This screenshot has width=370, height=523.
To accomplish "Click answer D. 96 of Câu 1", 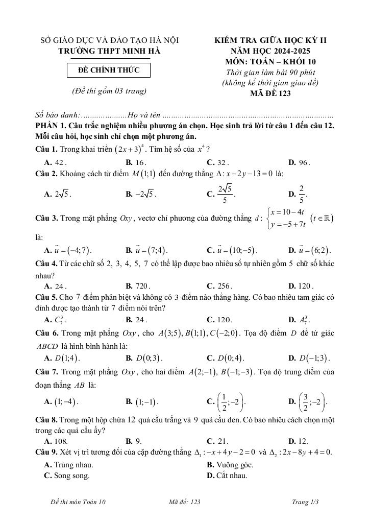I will (x=299, y=162).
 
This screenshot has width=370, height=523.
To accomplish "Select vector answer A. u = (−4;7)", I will (x=68, y=250).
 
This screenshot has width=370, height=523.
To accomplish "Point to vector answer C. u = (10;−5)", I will (x=232, y=250).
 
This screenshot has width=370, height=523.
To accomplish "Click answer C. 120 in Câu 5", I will (x=219, y=320).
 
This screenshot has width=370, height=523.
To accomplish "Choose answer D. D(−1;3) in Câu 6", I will (x=309, y=357).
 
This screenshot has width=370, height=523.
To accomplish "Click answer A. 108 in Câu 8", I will (x=56, y=441).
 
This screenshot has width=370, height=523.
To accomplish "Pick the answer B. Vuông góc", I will (x=230, y=465).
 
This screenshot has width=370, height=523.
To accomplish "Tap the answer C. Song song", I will (x=67, y=476).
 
